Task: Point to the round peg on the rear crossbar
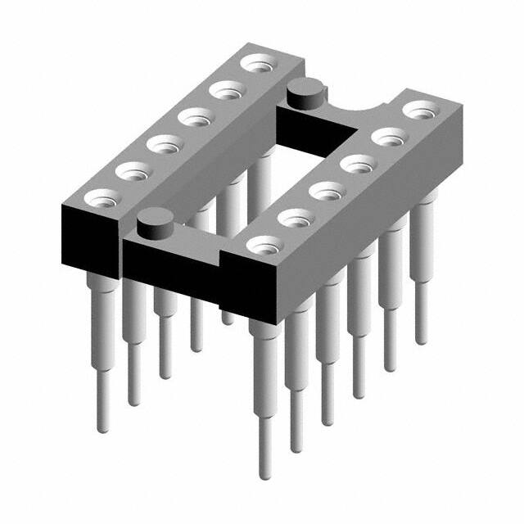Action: [304, 92]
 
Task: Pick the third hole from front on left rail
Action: [164, 146]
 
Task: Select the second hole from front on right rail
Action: [296, 219]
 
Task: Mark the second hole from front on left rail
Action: [132, 172]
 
